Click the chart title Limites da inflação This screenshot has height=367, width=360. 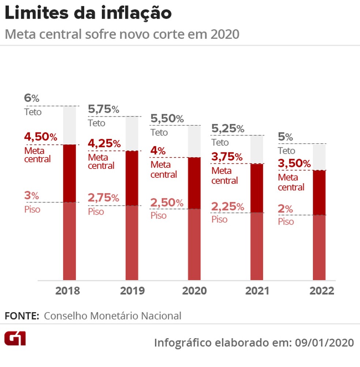(88, 14)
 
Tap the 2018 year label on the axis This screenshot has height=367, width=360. (67, 291)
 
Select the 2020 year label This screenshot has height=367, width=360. (194, 291)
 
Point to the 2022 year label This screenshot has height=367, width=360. (322, 291)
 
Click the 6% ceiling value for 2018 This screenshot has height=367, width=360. (31, 98)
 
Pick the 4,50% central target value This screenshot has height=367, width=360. (41, 137)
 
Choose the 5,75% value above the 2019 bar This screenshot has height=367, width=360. (104, 109)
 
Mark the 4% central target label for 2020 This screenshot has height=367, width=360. (158, 151)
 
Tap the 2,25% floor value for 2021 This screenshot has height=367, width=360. (228, 207)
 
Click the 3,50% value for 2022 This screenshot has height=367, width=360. (295, 164)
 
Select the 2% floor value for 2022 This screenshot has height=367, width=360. (285, 209)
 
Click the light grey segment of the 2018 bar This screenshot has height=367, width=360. (70, 125)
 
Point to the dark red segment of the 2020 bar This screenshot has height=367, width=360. (194, 183)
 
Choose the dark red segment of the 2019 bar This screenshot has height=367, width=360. (132, 178)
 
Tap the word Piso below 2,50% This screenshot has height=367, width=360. (158, 215)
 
